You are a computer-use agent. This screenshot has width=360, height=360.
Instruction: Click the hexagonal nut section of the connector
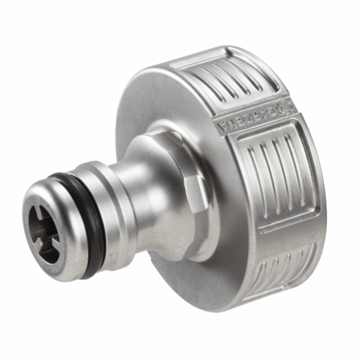coord(189,198)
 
